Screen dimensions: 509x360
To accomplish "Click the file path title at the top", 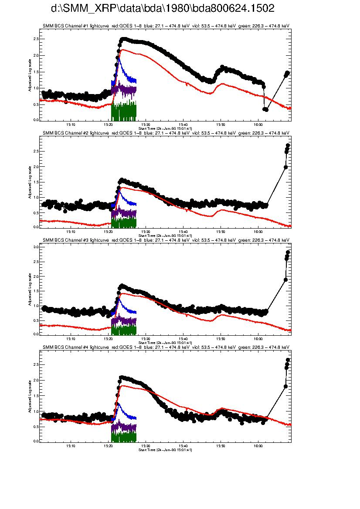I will [x=163, y=9].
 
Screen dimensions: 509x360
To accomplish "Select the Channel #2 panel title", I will [x=166, y=133].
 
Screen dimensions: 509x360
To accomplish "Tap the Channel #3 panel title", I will [x=166, y=240].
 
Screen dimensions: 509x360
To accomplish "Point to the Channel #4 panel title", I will [x=166, y=347].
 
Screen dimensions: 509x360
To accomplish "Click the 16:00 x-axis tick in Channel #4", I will [x=258, y=446].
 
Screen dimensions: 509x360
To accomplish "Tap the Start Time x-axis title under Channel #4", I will [x=165, y=450].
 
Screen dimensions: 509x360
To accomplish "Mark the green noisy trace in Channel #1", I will [x=124, y=111].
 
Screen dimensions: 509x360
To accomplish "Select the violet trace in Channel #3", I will [x=124, y=321].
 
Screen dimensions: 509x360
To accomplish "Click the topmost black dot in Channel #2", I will [x=288, y=145].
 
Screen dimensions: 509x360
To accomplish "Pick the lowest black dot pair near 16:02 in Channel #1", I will [x=265, y=109].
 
